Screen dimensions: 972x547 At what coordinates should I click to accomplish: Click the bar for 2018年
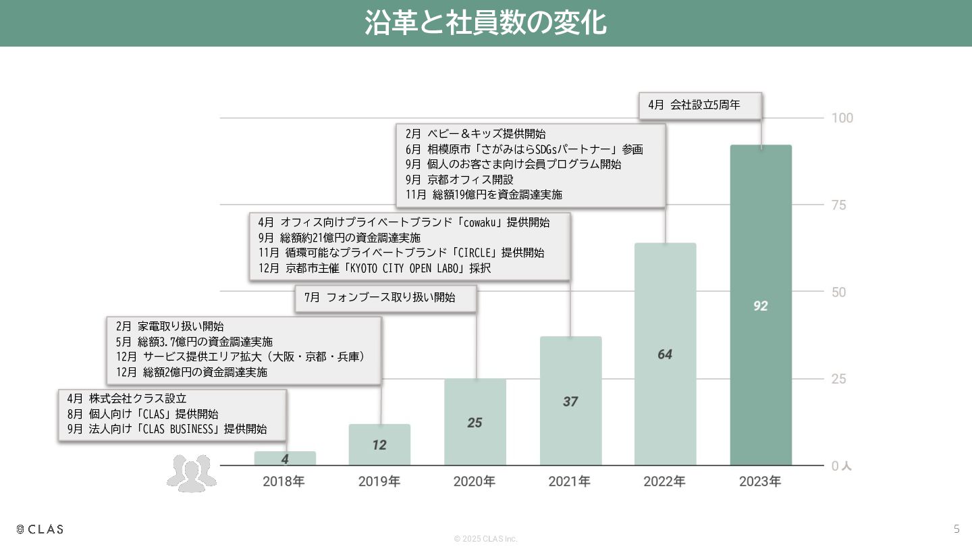coord(285,459)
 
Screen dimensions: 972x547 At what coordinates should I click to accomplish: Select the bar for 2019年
coord(379,444)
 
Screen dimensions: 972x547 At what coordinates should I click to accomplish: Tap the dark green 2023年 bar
coord(761,305)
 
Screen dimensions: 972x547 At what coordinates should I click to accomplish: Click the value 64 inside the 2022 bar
coord(665,355)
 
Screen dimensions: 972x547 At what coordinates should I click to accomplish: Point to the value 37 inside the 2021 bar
coord(570,401)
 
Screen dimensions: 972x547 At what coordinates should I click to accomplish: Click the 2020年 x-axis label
coord(475,481)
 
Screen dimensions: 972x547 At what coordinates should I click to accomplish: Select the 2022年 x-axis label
coord(664,481)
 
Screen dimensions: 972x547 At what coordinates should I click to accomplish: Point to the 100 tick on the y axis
coord(842,118)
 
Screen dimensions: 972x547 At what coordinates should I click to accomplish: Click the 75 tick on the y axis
coord(839,205)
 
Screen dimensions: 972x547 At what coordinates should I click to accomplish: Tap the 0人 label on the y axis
coord(841,466)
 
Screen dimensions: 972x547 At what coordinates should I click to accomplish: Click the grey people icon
coord(192,473)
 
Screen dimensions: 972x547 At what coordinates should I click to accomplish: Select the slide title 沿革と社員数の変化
coord(485,22)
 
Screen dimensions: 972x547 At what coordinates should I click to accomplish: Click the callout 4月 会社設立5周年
coord(701,105)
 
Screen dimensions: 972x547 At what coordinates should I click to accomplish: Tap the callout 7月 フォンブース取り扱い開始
coord(386,298)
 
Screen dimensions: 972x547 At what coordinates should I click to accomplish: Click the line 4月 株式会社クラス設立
coord(127,398)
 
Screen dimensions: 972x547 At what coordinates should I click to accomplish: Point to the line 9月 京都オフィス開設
coord(460,180)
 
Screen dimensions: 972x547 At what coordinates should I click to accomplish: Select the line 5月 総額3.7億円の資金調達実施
coord(194,342)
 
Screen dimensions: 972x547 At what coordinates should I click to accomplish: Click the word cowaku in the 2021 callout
coord(479,223)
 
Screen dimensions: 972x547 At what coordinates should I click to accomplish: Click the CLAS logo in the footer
coord(40,529)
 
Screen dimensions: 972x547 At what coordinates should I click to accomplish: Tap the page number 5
coord(956,529)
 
